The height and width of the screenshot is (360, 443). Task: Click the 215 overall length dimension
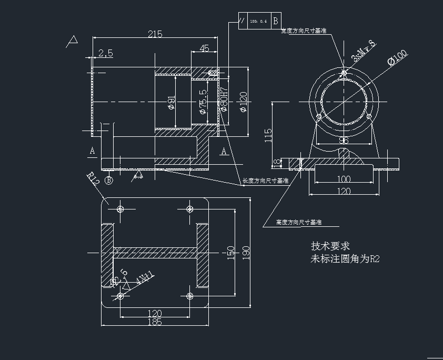coord(155,34)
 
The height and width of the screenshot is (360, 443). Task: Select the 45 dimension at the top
coord(204,48)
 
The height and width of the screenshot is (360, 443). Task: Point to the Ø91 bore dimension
coord(171,103)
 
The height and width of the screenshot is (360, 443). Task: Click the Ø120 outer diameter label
coord(243,102)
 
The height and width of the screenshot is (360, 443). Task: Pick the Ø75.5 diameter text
coord(203,101)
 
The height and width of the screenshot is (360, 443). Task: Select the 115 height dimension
coord(268,135)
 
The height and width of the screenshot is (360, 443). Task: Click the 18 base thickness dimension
coord(277,163)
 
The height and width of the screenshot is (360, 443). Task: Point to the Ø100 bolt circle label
coord(397,57)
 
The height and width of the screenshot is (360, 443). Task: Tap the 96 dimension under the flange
coord(343,141)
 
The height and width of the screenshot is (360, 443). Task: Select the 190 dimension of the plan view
coord(246,253)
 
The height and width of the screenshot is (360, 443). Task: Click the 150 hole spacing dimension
coord(230,253)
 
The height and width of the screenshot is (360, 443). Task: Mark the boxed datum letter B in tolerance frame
coord(276,21)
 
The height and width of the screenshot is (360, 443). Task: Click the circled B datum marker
coord(109,181)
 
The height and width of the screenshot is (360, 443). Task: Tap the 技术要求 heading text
coord(330,246)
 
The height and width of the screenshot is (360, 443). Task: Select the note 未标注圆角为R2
coord(345,258)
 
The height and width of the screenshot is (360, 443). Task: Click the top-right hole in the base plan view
coord(190,209)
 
